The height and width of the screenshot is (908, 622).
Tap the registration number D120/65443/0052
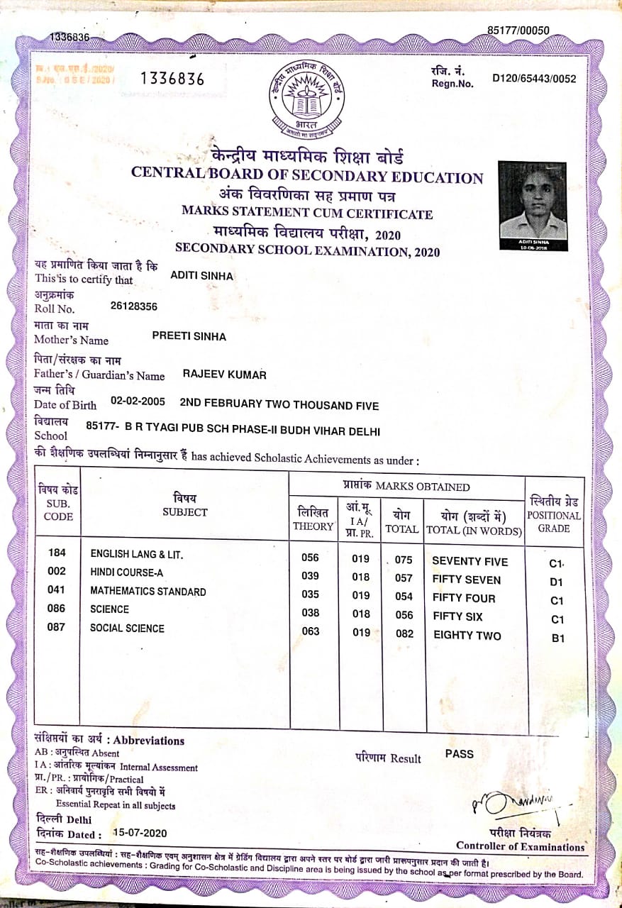pos(534,79)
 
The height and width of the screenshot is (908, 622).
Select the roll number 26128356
pos(134,306)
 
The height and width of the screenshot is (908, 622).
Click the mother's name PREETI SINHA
pos(189,336)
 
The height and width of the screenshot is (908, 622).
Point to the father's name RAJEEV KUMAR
pos(225,374)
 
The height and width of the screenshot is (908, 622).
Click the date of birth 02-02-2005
pos(138,402)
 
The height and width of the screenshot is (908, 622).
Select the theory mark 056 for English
pos(310,558)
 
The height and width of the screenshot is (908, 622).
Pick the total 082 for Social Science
pos(404,633)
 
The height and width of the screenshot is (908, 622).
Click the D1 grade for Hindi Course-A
pos(556,582)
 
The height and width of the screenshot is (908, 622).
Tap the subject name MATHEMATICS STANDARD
pos(148,592)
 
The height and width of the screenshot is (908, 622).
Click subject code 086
pos(56,609)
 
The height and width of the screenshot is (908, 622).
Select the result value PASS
pos(459,754)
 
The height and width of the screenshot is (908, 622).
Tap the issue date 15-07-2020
pos(139,833)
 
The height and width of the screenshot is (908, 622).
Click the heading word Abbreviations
pos(149,741)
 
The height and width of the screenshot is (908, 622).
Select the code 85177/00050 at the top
pos(518,30)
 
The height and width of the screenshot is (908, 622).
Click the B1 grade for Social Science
pos(558,638)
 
